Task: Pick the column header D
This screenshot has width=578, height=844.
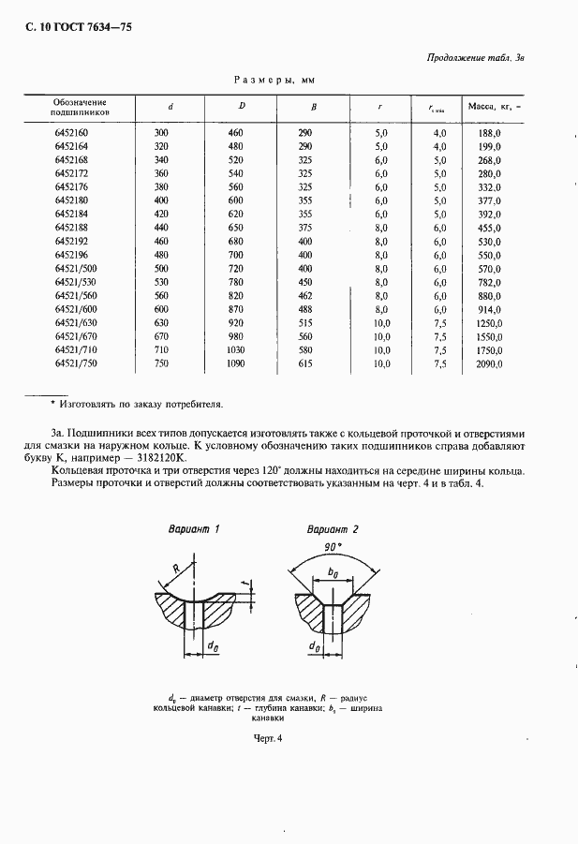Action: point(242,106)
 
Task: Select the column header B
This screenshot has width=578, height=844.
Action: point(314,106)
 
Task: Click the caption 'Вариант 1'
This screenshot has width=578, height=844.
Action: point(193,529)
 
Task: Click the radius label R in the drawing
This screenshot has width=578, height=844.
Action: point(177,568)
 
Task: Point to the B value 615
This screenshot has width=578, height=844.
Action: point(304,363)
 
